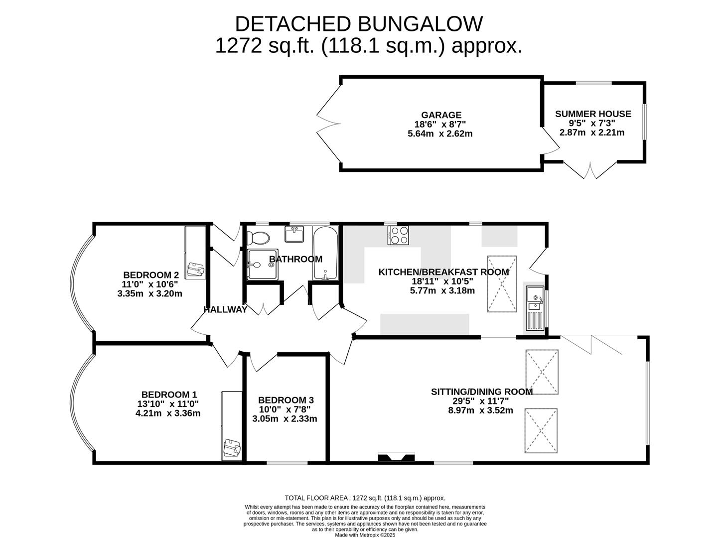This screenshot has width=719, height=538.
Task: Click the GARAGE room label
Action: [x=441, y=115]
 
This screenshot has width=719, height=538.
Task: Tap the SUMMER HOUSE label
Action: [x=593, y=114]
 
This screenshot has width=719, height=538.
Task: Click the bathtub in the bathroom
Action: [x=325, y=254]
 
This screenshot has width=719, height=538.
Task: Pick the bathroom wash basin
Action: [x=294, y=234]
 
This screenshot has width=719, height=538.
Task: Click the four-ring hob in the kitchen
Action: [x=398, y=235]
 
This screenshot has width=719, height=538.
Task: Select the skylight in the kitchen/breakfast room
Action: [x=501, y=284]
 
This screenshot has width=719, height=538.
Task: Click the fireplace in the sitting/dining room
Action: [x=396, y=458]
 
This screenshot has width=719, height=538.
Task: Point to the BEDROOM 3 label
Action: [x=286, y=400]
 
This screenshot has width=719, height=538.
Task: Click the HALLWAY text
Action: [x=225, y=310]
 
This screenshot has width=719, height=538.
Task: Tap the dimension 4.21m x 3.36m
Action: [x=168, y=413]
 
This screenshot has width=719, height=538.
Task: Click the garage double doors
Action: [x=326, y=125]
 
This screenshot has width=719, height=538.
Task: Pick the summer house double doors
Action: [x=590, y=171]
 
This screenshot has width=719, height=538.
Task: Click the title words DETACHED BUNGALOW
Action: [x=359, y=24]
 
